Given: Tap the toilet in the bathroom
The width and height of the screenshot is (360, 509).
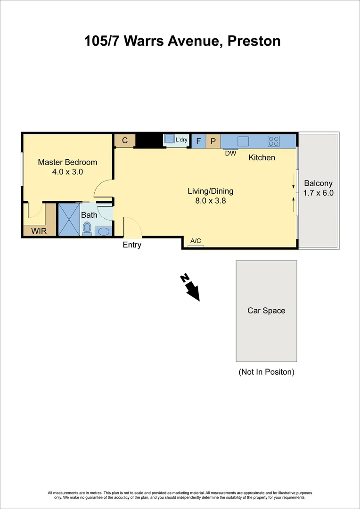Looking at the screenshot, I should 87,229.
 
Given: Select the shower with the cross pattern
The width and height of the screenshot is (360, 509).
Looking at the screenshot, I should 68,219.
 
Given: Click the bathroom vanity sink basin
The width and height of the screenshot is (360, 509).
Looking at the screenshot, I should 104,231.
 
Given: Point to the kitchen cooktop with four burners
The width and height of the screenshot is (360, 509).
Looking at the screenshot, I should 274,140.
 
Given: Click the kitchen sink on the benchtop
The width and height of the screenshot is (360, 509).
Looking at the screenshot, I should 244,140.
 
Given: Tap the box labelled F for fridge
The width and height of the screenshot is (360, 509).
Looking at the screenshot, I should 198,141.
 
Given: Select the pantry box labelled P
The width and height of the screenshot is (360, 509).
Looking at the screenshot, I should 213,141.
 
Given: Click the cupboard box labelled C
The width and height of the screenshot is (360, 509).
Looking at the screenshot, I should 125,140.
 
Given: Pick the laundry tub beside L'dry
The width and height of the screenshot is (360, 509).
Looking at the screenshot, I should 169,140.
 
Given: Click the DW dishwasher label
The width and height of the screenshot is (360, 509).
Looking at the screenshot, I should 230,153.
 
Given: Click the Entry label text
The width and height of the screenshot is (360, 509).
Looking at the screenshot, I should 132,245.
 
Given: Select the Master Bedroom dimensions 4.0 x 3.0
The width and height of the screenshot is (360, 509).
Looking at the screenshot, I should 67,172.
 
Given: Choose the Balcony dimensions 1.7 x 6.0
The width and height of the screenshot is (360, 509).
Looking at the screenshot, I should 318,193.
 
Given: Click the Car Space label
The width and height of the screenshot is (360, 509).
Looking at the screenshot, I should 266,311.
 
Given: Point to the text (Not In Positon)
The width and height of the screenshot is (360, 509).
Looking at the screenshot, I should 266,372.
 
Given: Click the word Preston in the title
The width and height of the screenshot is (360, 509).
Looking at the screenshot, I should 254,41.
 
